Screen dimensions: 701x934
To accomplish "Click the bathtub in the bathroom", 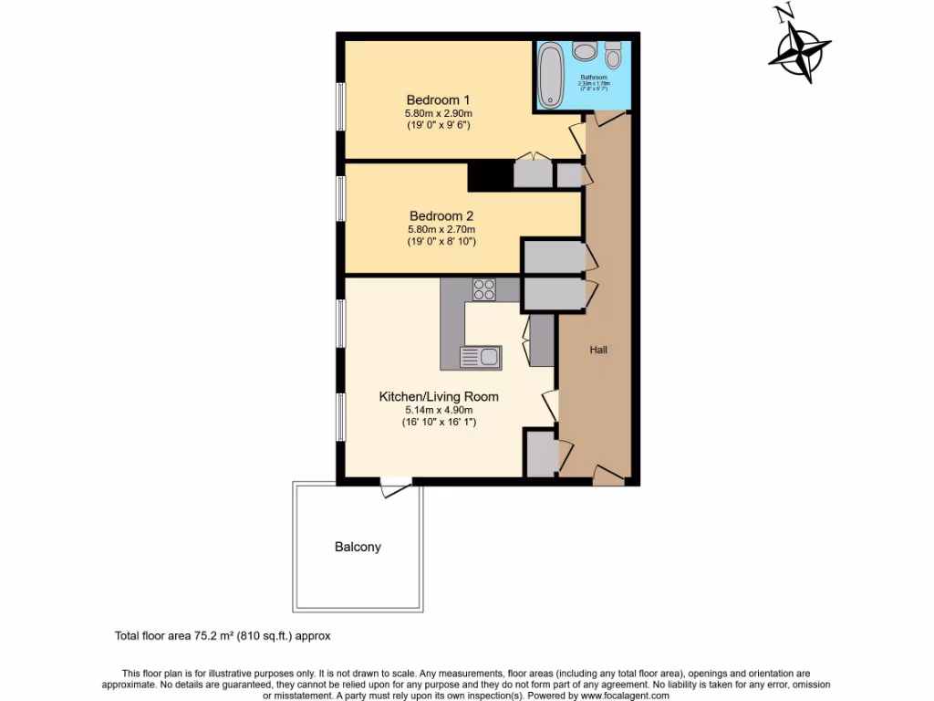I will point(551,75).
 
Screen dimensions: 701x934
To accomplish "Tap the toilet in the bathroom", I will point(613,56).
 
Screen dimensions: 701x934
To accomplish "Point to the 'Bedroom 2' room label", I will point(441,215).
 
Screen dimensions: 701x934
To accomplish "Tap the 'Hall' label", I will point(598,350).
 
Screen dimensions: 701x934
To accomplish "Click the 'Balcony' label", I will point(358,547).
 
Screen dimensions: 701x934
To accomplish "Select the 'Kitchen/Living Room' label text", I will point(439,397).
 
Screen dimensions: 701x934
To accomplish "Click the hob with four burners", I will point(484,289).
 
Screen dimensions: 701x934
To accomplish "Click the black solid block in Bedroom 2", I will point(491,175).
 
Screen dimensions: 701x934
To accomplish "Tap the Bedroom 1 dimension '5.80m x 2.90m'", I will point(438,113).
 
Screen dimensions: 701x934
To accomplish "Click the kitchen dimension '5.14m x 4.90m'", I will point(439,411).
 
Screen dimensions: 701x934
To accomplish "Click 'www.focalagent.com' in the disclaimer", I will point(611,695).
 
